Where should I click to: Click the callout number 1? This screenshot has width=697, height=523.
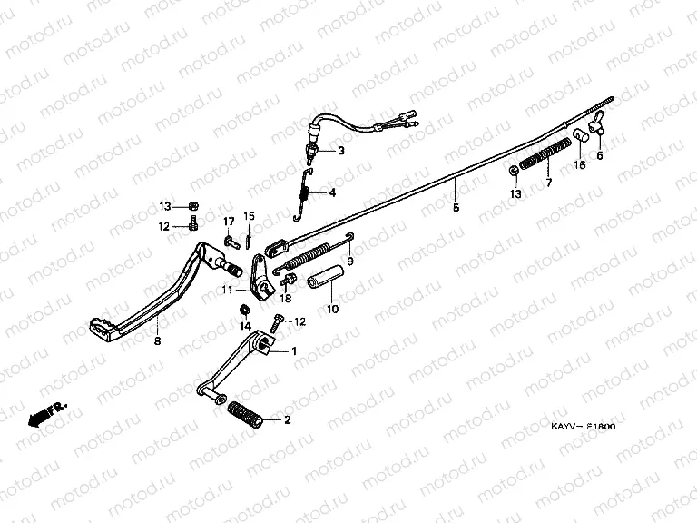click(293, 350)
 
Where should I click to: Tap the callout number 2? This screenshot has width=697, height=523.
click(289, 420)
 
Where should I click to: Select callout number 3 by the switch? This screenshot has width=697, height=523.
click(342, 151)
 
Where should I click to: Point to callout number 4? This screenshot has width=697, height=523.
click(332, 192)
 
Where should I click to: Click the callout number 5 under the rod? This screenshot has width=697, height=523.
click(456, 208)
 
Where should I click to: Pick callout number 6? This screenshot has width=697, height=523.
click(599, 155)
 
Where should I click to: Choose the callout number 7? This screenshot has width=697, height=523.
click(548, 183)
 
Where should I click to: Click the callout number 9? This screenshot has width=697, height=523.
click(349, 262)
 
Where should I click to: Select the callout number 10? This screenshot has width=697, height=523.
click(331, 310)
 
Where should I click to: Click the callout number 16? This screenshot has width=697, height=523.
click(578, 165)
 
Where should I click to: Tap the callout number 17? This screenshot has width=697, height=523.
click(229, 222)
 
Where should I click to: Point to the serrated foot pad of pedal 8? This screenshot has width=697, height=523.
click(103, 324)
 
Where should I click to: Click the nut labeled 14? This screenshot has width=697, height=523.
click(246, 311)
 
